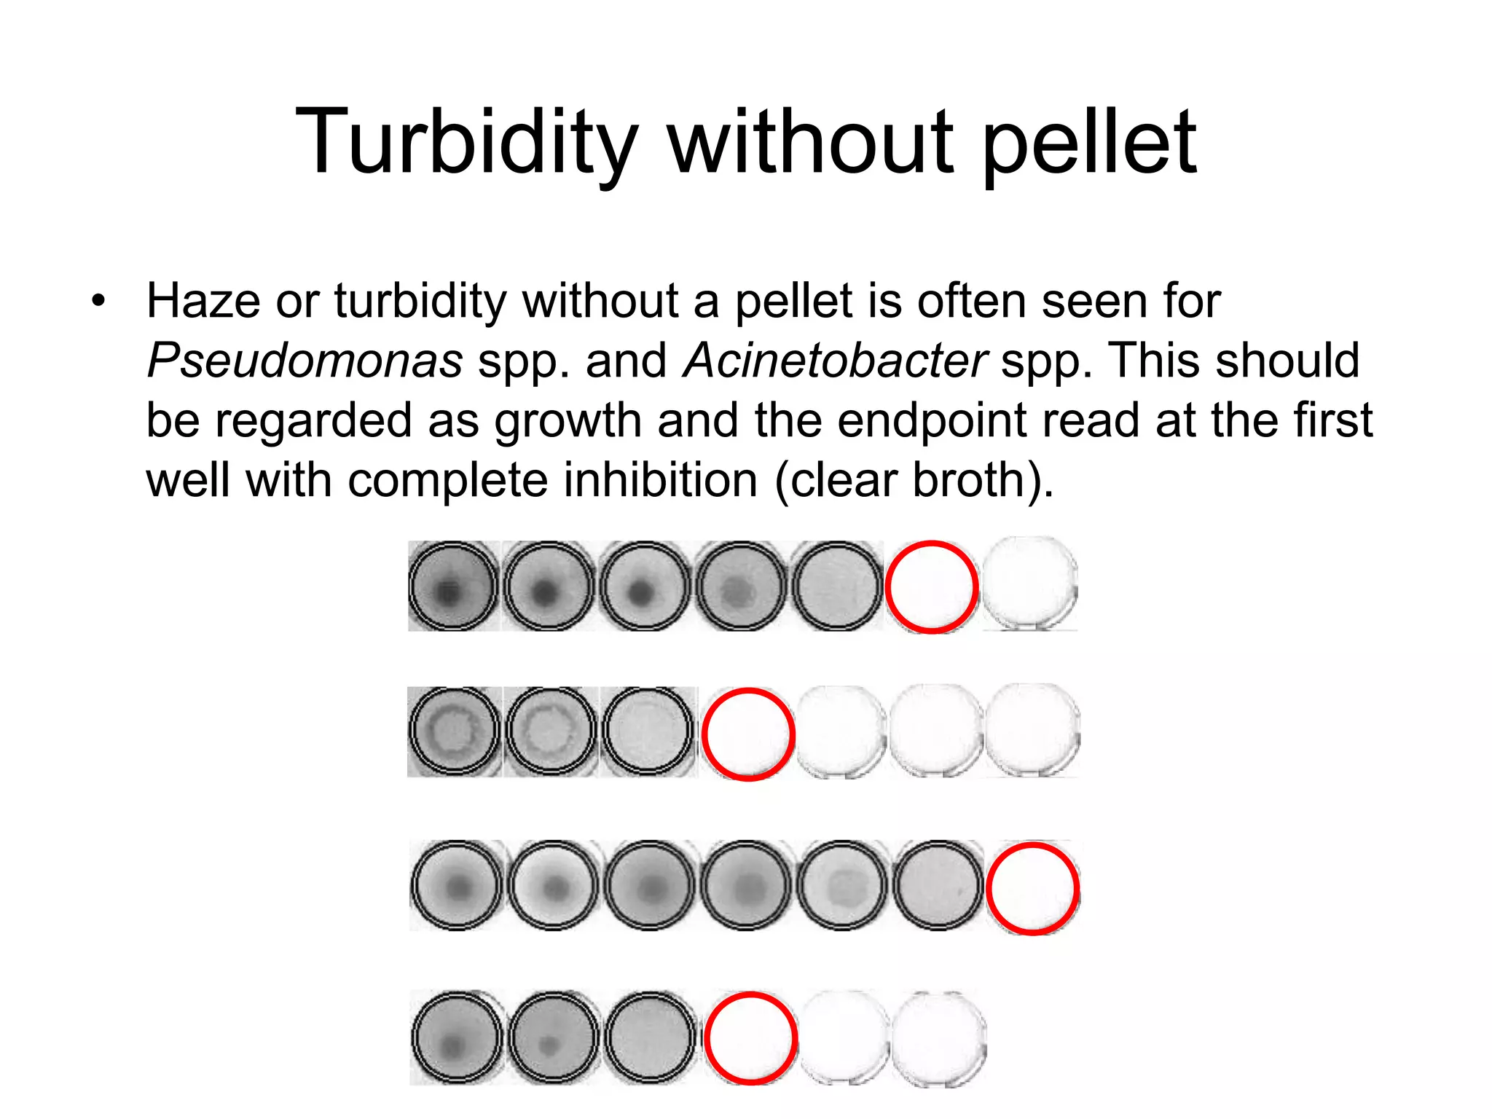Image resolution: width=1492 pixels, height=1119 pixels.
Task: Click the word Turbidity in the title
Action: pyautogui.click(x=467, y=141)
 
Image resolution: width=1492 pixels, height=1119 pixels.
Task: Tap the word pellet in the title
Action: pyautogui.click(x=1089, y=141)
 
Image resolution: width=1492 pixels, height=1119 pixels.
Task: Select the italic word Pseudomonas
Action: pyautogui.click(x=305, y=360)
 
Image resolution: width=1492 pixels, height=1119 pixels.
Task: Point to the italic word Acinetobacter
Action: pyautogui.click(x=835, y=360)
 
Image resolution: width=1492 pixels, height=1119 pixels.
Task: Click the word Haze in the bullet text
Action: pyautogui.click(x=203, y=300)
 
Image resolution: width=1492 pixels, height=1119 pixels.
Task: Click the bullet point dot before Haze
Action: pyautogui.click(x=98, y=300)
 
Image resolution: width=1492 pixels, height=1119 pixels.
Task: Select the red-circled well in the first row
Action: pyautogui.click(x=931, y=586)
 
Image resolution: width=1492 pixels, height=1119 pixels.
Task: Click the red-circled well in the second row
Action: pyautogui.click(x=748, y=734)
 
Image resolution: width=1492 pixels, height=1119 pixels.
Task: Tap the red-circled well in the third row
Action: pyautogui.click(x=1032, y=888)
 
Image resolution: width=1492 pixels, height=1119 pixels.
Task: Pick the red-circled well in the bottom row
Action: pyautogui.click(x=750, y=1038)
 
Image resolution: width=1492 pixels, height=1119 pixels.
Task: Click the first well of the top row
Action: pyautogui.click(x=453, y=586)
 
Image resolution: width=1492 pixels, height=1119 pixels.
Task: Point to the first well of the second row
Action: pyautogui.click(x=454, y=731)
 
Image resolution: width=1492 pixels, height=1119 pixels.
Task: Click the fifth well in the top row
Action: pyautogui.click(x=836, y=586)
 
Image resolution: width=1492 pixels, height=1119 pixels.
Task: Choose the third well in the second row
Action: pyautogui.click(x=647, y=731)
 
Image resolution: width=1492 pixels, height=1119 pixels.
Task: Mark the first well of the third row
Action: pyautogui.click(x=456, y=886)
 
